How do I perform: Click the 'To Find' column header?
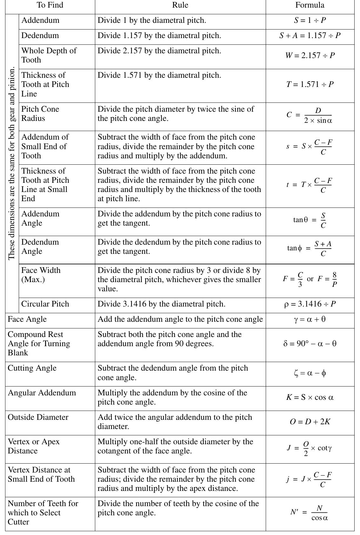coord(50,5)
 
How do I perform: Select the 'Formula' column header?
coord(310,5)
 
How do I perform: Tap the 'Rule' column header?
coord(180,5)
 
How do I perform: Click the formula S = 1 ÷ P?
coord(310,20)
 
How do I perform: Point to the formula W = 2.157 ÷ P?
coord(310,56)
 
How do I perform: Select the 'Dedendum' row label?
coord(40,36)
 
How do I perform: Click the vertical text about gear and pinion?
coord(12,163)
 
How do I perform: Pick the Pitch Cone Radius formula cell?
coord(310,116)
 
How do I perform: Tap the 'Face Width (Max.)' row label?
coord(41,275)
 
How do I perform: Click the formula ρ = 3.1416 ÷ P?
coord(310,304)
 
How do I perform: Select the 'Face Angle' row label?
coord(27,319)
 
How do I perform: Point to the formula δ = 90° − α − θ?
coord(310,344)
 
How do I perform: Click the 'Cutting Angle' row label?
coord(32,368)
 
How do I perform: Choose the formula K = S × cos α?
coord(310,397)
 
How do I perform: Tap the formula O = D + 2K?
coord(310,422)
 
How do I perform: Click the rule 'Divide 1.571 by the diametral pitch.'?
coord(159,75)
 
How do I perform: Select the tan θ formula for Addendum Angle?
coord(310,220)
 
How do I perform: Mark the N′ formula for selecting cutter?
coord(310,513)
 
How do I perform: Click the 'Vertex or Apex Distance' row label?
coord(34,446)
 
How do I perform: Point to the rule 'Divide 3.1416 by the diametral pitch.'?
coord(161,304)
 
